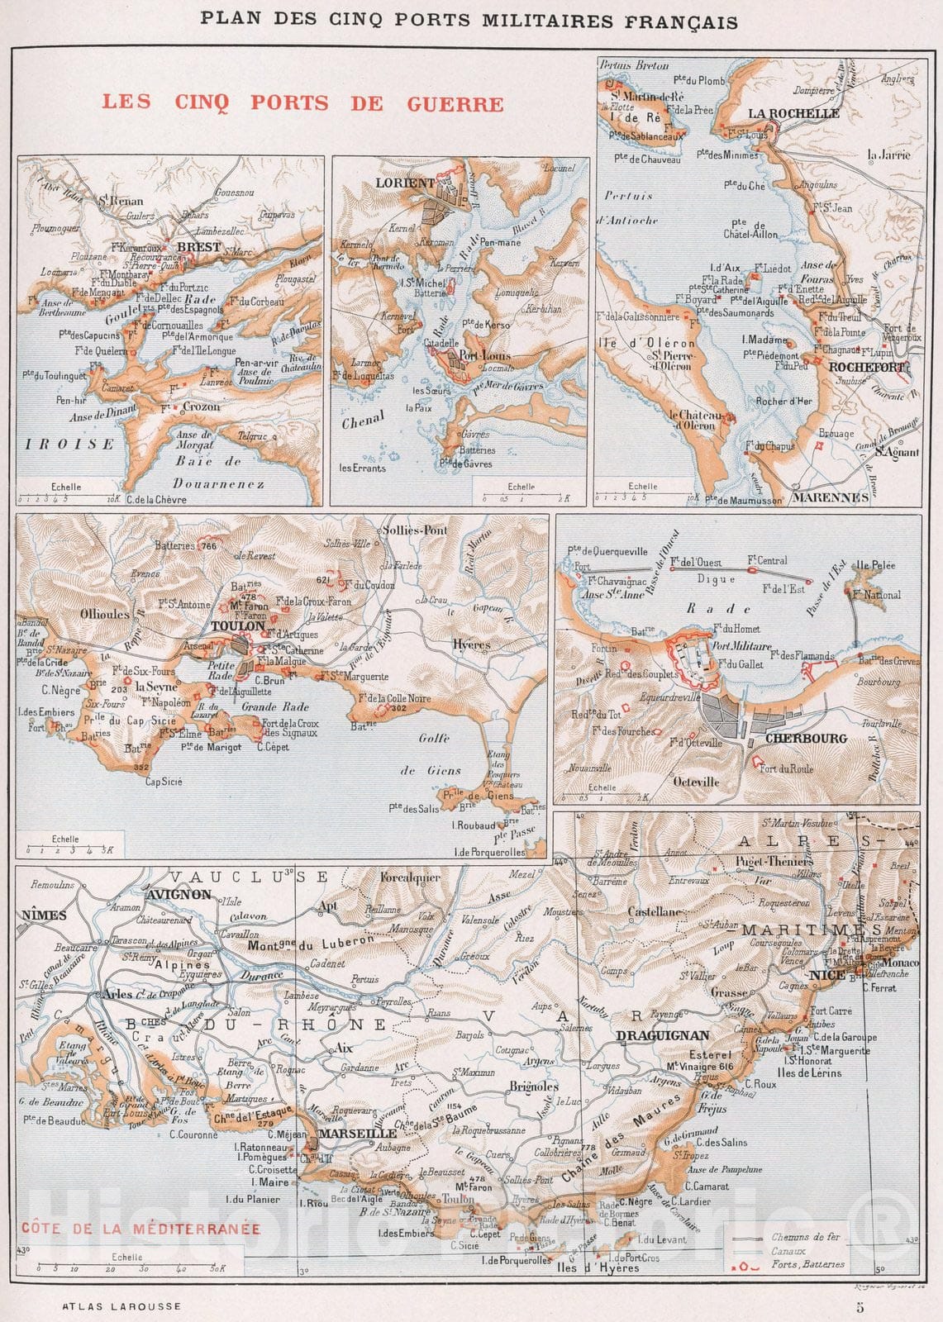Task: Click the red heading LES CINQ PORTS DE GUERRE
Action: (x=302, y=103)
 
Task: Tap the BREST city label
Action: (x=198, y=246)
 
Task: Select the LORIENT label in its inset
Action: (x=405, y=183)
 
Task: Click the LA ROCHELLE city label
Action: (x=793, y=113)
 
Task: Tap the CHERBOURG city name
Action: (x=806, y=738)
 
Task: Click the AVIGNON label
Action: (x=179, y=894)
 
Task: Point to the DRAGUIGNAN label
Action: (x=662, y=1035)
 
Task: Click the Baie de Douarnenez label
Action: (x=219, y=473)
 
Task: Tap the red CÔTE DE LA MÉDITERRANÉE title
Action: (x=140, y=1229)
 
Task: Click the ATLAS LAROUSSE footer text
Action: (x=121, y=1307)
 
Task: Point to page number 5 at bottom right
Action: (x=860, y=1307)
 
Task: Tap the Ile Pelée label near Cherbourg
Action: (x=875, y=566)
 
